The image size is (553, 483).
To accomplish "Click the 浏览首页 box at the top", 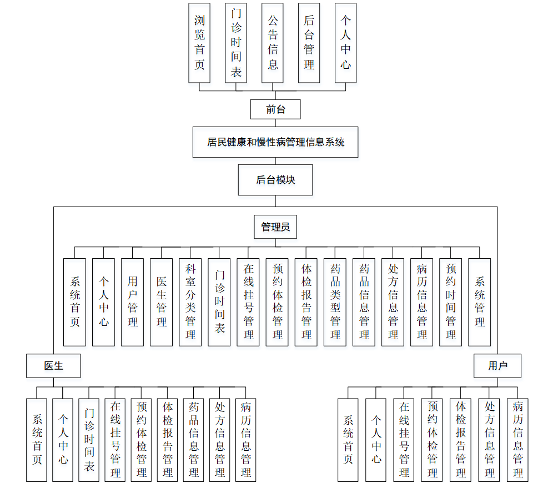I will [x=199, y=43].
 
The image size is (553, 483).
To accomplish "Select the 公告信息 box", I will [x=273, y=43].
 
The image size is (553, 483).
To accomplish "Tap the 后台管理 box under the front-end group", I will [x=309, y=43].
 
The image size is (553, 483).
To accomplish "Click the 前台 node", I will [x=275, y=109].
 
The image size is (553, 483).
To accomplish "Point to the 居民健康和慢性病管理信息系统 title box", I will [x=275, y=142].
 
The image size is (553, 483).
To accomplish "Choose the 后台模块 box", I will [x=275, y=180].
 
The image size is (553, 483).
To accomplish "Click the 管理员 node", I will [x=275, y=227].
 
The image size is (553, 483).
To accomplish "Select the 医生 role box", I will [x=53, y=366].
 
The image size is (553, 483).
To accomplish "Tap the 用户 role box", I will [x=497, y=366].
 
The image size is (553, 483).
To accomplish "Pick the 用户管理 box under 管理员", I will [x=132, y=302].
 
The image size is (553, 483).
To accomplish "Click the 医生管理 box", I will [x=161, y=302].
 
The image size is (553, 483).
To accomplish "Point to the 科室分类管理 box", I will [x=190, y=302].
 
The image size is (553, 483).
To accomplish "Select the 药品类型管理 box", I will [x=335, y=302].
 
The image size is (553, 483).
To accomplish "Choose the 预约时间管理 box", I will [x=450, y=302].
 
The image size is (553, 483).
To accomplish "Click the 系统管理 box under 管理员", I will [x=480, y=302].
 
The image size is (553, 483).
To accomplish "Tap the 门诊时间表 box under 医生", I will [x=89, y=440].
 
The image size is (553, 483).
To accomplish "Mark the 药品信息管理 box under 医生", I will [x=194, y=440].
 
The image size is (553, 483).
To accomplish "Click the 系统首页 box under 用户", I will [x=348, y=440].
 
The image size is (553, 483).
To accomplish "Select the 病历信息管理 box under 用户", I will [x=517, y=440].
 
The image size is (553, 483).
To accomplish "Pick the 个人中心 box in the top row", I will [x=345, y=43].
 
